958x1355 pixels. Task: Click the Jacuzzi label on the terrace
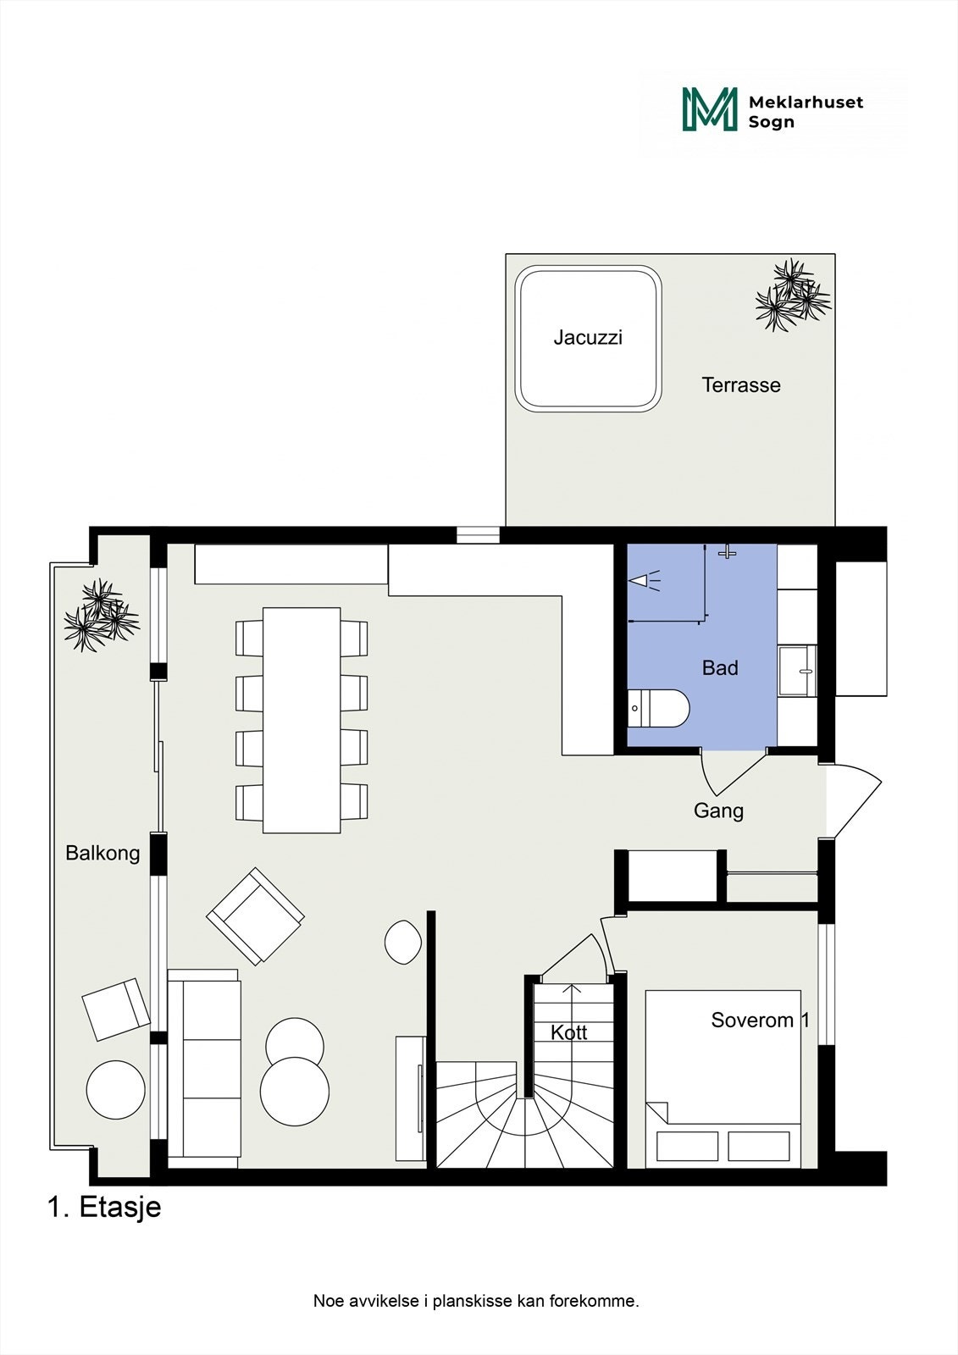(x=588, y=338)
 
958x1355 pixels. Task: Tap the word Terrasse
(x=741, y=385)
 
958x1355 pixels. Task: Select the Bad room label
(x=720, y=668)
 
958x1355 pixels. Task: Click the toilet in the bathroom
(x=660, y=708)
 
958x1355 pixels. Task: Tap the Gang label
(x=718, y=810)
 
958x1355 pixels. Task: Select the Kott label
(x=569, y=1032)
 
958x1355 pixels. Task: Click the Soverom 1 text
(x=760, y=1020)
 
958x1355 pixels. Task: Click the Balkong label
(x=102, y=853)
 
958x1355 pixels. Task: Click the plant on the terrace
(x=792, y=296)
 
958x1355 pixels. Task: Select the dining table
(x=302, y=720)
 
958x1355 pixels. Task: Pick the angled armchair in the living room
(x=255, y=915)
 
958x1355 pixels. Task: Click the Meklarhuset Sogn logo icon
(x=709, y=110)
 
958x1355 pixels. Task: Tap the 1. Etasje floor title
(x=104, y=1207)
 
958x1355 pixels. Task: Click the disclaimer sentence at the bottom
(x=476, y=1301)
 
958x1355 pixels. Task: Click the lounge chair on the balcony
(x=116, y=1009)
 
